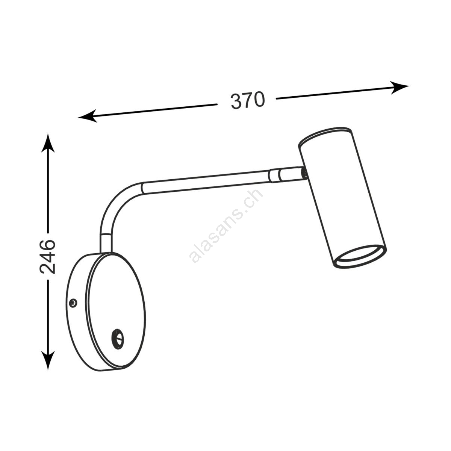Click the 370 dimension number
tap(248, 101)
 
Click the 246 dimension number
tap(48, 256)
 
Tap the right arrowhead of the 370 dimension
tap(400, 87)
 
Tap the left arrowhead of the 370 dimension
tap(87, 116)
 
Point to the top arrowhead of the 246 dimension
tap(48, 143)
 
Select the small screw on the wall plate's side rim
tap(73, 303)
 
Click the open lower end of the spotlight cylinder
tap(360, 257)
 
